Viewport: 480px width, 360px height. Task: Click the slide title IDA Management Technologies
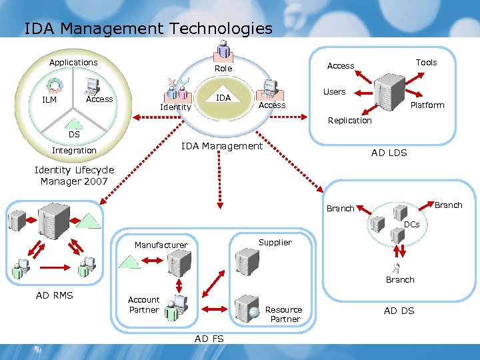pos(148,29)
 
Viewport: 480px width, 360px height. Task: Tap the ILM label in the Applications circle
pos(49,100)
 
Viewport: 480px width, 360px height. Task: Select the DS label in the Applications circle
pos(74,134)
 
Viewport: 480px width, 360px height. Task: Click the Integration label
pos(74,151)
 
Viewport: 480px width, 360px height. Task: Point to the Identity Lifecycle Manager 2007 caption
pos(74,175)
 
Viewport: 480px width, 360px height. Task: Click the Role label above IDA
pos(223,69)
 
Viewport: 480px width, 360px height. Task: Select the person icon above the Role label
pos(223,49)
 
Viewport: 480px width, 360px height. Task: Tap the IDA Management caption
pos(222,146)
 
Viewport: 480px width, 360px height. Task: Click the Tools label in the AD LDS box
pos(426,63)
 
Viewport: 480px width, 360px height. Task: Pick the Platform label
pos(427,105)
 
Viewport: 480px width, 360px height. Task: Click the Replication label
pos(349,121)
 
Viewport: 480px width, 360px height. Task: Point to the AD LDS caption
pos(389,153)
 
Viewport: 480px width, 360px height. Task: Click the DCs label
pos(411,225)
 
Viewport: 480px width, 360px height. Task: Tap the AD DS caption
pos(399,311)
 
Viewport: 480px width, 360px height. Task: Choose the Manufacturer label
pos(161,245)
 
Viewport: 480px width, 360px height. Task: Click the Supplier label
pos(275,243)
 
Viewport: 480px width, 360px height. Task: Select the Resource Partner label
pos(284,314)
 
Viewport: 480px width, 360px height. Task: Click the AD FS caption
pos(209,339)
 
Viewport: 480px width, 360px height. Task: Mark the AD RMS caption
pos(55,295)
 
